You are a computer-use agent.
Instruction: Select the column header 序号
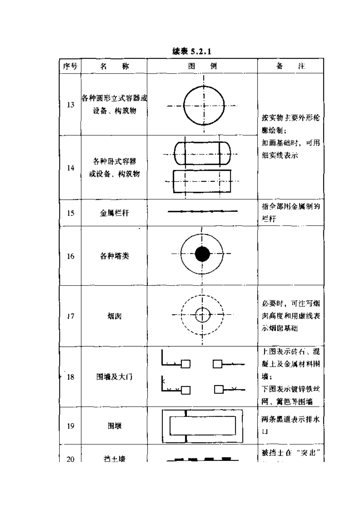(70, 66)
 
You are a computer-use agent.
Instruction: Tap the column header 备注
(290, 66)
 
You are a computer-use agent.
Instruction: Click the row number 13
(70, 105)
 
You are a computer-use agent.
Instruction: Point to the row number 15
(70, 213)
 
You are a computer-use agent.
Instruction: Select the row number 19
(70, 426)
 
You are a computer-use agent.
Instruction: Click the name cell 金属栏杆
(114, 213)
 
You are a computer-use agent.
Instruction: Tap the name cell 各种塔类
(114, 256)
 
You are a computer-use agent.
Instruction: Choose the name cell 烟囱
(114, 316)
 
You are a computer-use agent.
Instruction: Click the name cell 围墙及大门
(114, 377)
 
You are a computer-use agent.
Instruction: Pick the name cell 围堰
(114, 426)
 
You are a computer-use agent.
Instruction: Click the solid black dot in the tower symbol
(202, 254)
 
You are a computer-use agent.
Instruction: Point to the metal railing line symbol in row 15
(203, 211)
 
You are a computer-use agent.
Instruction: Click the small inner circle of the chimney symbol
(202, 314)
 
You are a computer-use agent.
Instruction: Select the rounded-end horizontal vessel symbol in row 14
(202, 153)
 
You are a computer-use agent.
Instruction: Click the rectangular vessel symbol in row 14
(202, 181)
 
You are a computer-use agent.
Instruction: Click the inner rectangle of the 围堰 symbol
(202, 426)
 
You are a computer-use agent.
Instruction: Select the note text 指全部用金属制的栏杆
(291, 212)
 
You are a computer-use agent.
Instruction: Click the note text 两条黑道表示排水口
(291, 425)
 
